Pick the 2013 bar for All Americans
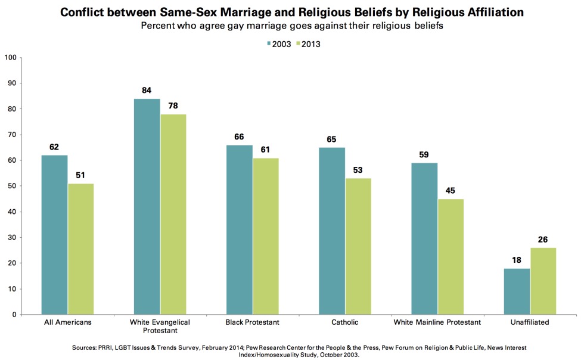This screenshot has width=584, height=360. coord(80,249)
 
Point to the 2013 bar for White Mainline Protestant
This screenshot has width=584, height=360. coord(451,257)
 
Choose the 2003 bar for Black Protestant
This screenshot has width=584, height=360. coord(239,230)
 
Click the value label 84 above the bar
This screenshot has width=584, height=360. coord(147,91)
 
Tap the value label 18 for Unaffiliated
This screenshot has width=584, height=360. coord(517,260)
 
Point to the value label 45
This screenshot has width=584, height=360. coord(451,191)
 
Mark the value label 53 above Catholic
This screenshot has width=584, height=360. coord(358,170)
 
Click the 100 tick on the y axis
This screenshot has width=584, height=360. coord(10,58)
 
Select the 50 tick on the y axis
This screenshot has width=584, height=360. coord(11,186)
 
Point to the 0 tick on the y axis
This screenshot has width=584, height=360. coord(13,315)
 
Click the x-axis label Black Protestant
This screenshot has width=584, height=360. coord(252,322)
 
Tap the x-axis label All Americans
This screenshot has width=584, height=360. coord(67,322)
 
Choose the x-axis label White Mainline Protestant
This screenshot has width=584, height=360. coord(438,322)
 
